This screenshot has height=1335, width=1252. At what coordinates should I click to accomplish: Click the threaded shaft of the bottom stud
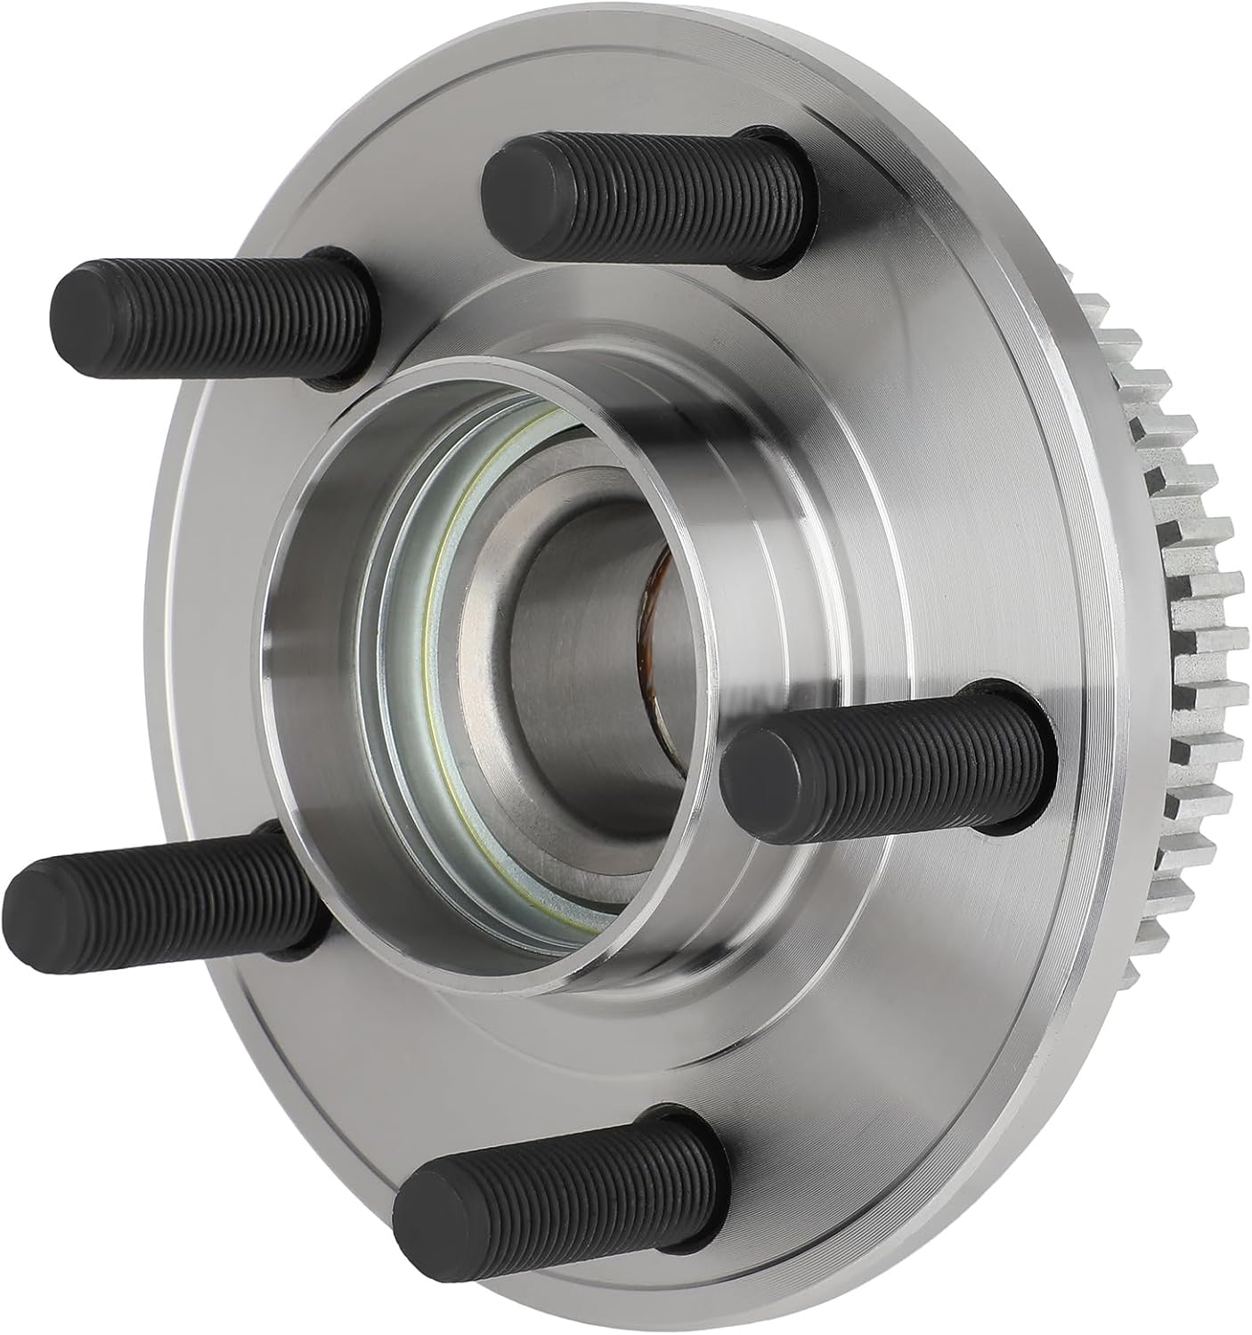pyautogui.click(x=579, y=1175)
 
